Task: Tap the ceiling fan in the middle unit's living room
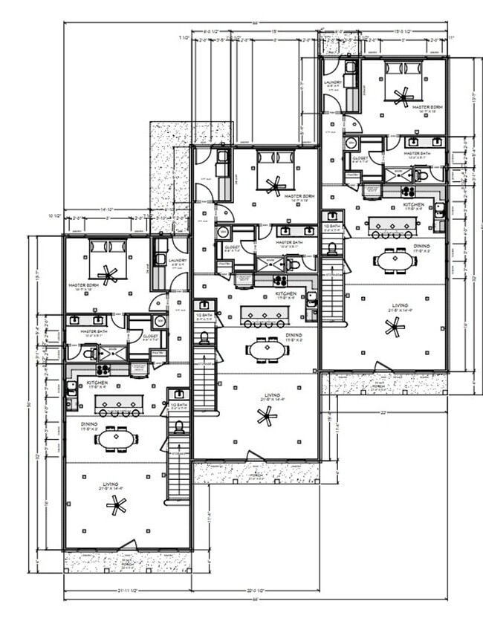point(266,417)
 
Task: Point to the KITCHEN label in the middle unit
point(286,294)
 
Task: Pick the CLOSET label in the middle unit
point(233,247)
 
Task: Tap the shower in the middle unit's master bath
point(268,264)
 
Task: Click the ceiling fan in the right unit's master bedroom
point(403,95)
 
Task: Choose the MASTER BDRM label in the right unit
point(427,107)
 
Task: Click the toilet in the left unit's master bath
point(89,354)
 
